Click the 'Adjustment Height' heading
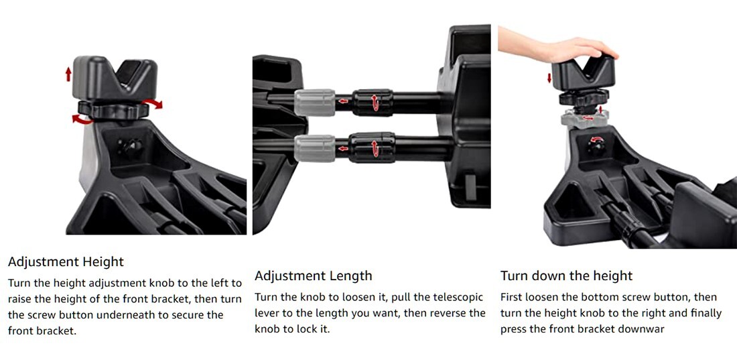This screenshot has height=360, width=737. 66,261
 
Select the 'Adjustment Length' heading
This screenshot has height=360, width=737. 313,276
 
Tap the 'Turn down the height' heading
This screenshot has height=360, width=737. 566,276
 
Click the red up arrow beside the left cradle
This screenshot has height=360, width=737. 68,74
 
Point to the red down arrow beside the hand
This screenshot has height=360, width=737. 549,78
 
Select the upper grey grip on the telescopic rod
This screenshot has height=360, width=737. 314,102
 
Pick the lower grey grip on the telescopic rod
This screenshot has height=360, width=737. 314,147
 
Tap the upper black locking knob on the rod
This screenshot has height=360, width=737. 373,102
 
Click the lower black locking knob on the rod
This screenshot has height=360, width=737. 373,147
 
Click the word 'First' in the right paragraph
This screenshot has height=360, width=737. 513,297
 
